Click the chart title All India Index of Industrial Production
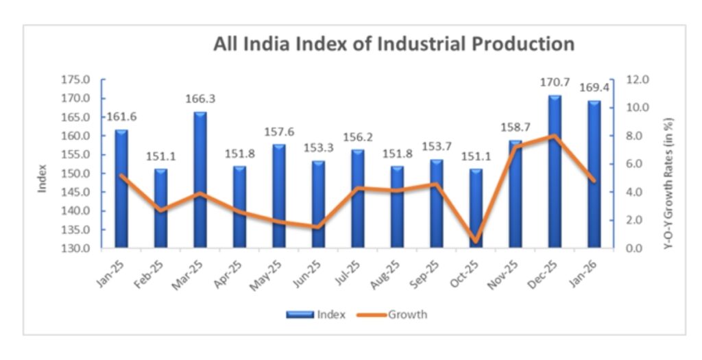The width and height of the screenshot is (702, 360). coord(394,45)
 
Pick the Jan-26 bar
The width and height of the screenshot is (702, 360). coord(594,175)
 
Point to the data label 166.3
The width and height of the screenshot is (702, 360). coord(199,99)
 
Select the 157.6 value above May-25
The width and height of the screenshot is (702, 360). coord(279,132)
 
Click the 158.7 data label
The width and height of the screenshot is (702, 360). coord(515,128)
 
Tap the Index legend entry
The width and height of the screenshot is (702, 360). coord(317,315)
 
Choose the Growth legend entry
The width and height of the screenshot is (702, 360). coord(394,315)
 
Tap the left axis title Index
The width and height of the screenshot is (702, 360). coord(43,178)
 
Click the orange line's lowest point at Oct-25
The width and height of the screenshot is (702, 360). coord(475,241)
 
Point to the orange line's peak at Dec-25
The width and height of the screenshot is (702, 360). coord(554,136)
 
